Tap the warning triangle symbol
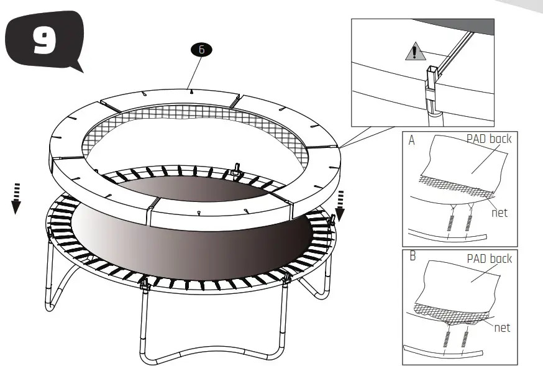(412, 53)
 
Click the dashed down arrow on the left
(16, 198)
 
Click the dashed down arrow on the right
(340, 205)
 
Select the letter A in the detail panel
(411, 141)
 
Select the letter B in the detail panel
(411, 256)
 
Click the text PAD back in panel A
(488, 139)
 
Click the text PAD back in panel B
(488, 258)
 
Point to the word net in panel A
(499, 213)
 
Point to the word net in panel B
(501, 327)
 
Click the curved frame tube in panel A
(447, 237)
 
